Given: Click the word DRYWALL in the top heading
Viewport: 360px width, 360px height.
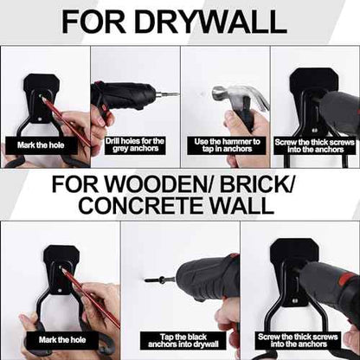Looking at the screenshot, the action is (x=210, y=22).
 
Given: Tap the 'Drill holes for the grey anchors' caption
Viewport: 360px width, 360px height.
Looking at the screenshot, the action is (x=135, y=145).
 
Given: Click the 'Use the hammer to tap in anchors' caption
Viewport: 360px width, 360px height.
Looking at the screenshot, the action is (x=227, y=145).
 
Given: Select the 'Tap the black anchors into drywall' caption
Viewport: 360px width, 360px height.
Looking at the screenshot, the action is (x=183, y=341).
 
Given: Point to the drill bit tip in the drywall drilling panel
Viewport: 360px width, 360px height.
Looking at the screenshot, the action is (x=178, y=94).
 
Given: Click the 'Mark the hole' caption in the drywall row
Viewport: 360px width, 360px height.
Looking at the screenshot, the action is (x=41, y=145).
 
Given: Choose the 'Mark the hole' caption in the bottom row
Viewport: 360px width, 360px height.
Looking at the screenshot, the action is (x=62, y=340).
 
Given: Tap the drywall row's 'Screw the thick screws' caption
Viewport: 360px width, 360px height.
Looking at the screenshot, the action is (x=315, y=146).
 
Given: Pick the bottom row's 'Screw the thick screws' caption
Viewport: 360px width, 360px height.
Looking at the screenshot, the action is (x=299, y=341).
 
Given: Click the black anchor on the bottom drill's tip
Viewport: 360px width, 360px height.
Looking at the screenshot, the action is (x=154, y=280).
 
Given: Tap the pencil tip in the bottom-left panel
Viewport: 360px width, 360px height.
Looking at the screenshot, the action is (x=61, y=268).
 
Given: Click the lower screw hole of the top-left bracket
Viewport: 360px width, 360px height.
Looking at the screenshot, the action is (x=40, y=119).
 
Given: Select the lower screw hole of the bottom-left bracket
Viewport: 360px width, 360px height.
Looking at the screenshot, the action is (x=59, y=291).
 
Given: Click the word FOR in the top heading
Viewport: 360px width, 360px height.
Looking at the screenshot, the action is (x=93, y=22).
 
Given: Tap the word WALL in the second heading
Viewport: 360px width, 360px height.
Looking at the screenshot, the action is (x=241, y=204).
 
